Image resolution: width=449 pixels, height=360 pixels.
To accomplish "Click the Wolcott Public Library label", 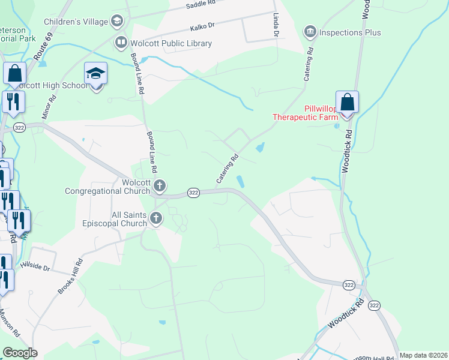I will (171, 43).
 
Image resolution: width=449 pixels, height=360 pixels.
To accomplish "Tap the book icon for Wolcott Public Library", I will (121, 43).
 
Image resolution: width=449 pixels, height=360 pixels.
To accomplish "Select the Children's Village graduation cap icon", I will (117, 22).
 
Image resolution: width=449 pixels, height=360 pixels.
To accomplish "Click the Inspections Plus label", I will (351, 32).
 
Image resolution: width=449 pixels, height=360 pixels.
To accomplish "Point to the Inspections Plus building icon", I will (310, 31).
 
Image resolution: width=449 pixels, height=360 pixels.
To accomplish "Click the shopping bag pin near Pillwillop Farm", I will (347, 102).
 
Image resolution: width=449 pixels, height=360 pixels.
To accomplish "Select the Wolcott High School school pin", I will (95, 74).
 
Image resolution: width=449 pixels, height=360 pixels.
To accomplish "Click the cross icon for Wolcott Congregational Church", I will (159, 185).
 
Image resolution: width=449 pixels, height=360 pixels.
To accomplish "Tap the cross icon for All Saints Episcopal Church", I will (156, 218).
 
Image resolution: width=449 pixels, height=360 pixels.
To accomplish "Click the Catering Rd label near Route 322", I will (228, 169).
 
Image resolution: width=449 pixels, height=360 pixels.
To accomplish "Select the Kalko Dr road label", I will (202, 26).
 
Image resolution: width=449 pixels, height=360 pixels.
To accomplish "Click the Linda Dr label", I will (276, 25).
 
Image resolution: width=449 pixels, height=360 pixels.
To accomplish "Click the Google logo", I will (20, 353).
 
